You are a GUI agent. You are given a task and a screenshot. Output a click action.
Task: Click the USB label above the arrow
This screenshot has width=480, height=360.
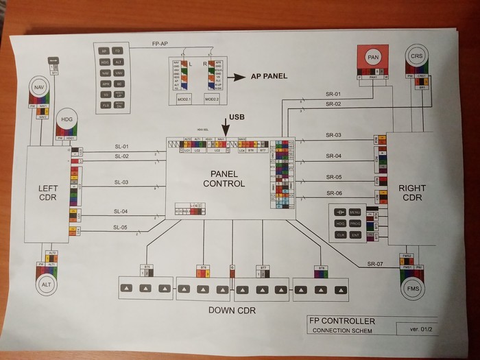237,117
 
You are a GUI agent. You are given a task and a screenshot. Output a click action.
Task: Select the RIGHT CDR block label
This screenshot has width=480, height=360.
412,193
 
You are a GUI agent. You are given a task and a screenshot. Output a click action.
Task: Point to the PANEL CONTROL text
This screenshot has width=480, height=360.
224,178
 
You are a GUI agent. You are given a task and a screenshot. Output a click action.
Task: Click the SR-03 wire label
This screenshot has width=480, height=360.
334,136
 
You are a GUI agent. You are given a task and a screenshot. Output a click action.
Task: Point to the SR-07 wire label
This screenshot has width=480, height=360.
374,264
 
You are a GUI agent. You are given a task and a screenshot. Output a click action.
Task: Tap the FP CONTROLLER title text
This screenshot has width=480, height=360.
342,321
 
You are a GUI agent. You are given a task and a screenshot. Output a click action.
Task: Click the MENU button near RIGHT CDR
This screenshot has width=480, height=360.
355,213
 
